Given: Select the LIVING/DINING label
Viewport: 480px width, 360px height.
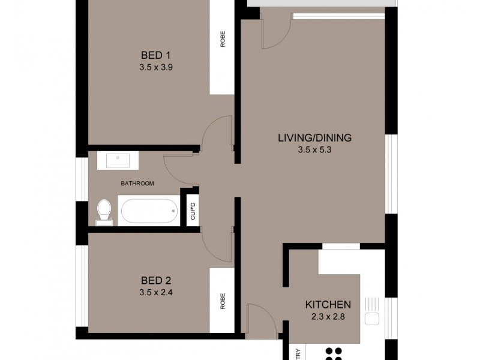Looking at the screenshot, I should coord(314,138).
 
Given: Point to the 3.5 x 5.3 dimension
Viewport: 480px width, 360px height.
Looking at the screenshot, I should coord(314,150).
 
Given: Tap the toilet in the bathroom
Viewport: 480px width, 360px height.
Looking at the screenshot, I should coord(104,212).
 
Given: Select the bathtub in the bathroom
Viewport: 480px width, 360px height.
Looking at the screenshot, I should coord(149,211).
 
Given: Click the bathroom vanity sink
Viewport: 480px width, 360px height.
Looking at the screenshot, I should coord(118,160).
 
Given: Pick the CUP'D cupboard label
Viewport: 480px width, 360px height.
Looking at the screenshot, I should coord(193,212).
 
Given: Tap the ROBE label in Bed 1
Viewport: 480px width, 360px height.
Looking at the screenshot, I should coord(222,39).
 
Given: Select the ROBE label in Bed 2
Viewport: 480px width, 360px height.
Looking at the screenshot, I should coord(222,300).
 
